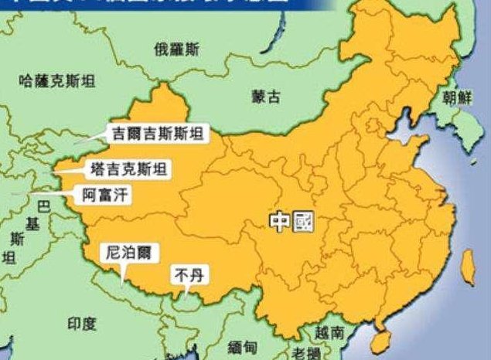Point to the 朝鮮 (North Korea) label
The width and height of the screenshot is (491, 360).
click(x=455, y=97)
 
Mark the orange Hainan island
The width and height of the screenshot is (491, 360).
click(x=379, y=338)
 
